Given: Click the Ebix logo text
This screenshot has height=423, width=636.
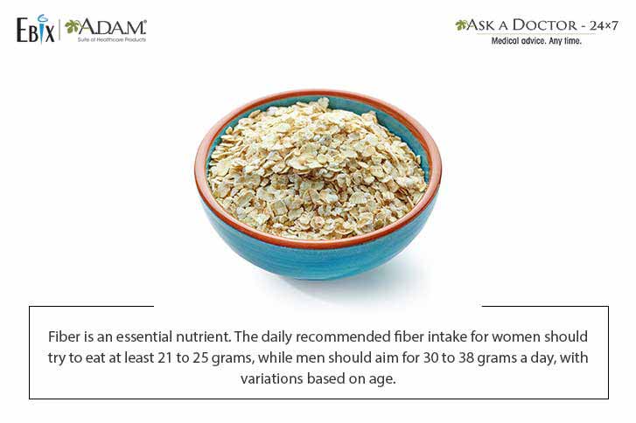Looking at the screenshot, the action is click(35, 29).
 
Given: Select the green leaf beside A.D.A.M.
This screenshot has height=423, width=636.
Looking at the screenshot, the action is click(72, 27).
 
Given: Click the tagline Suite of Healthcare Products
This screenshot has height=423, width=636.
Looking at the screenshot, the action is click(112, 39).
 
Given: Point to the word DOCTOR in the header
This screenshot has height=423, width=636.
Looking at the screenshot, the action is click(544, 25).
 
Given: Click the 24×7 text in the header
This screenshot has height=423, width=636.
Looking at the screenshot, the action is click(604, 25).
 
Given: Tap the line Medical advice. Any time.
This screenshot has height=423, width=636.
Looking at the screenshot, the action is click(536, 41).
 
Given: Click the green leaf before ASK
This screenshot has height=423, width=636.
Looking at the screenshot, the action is click(461, 25).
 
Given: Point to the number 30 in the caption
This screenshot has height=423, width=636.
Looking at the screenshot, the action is click(430, 357).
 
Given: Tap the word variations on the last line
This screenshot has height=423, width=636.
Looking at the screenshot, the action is click(271, 378).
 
